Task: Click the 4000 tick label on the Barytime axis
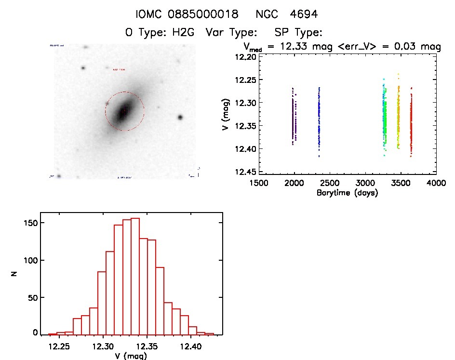pos(436,183)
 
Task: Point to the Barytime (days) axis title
pos(347,193)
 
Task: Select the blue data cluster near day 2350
pos(319,116)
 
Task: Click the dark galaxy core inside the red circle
pos(123,111)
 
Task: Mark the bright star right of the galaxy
pos(180,117)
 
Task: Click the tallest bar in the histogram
pos(135,276)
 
